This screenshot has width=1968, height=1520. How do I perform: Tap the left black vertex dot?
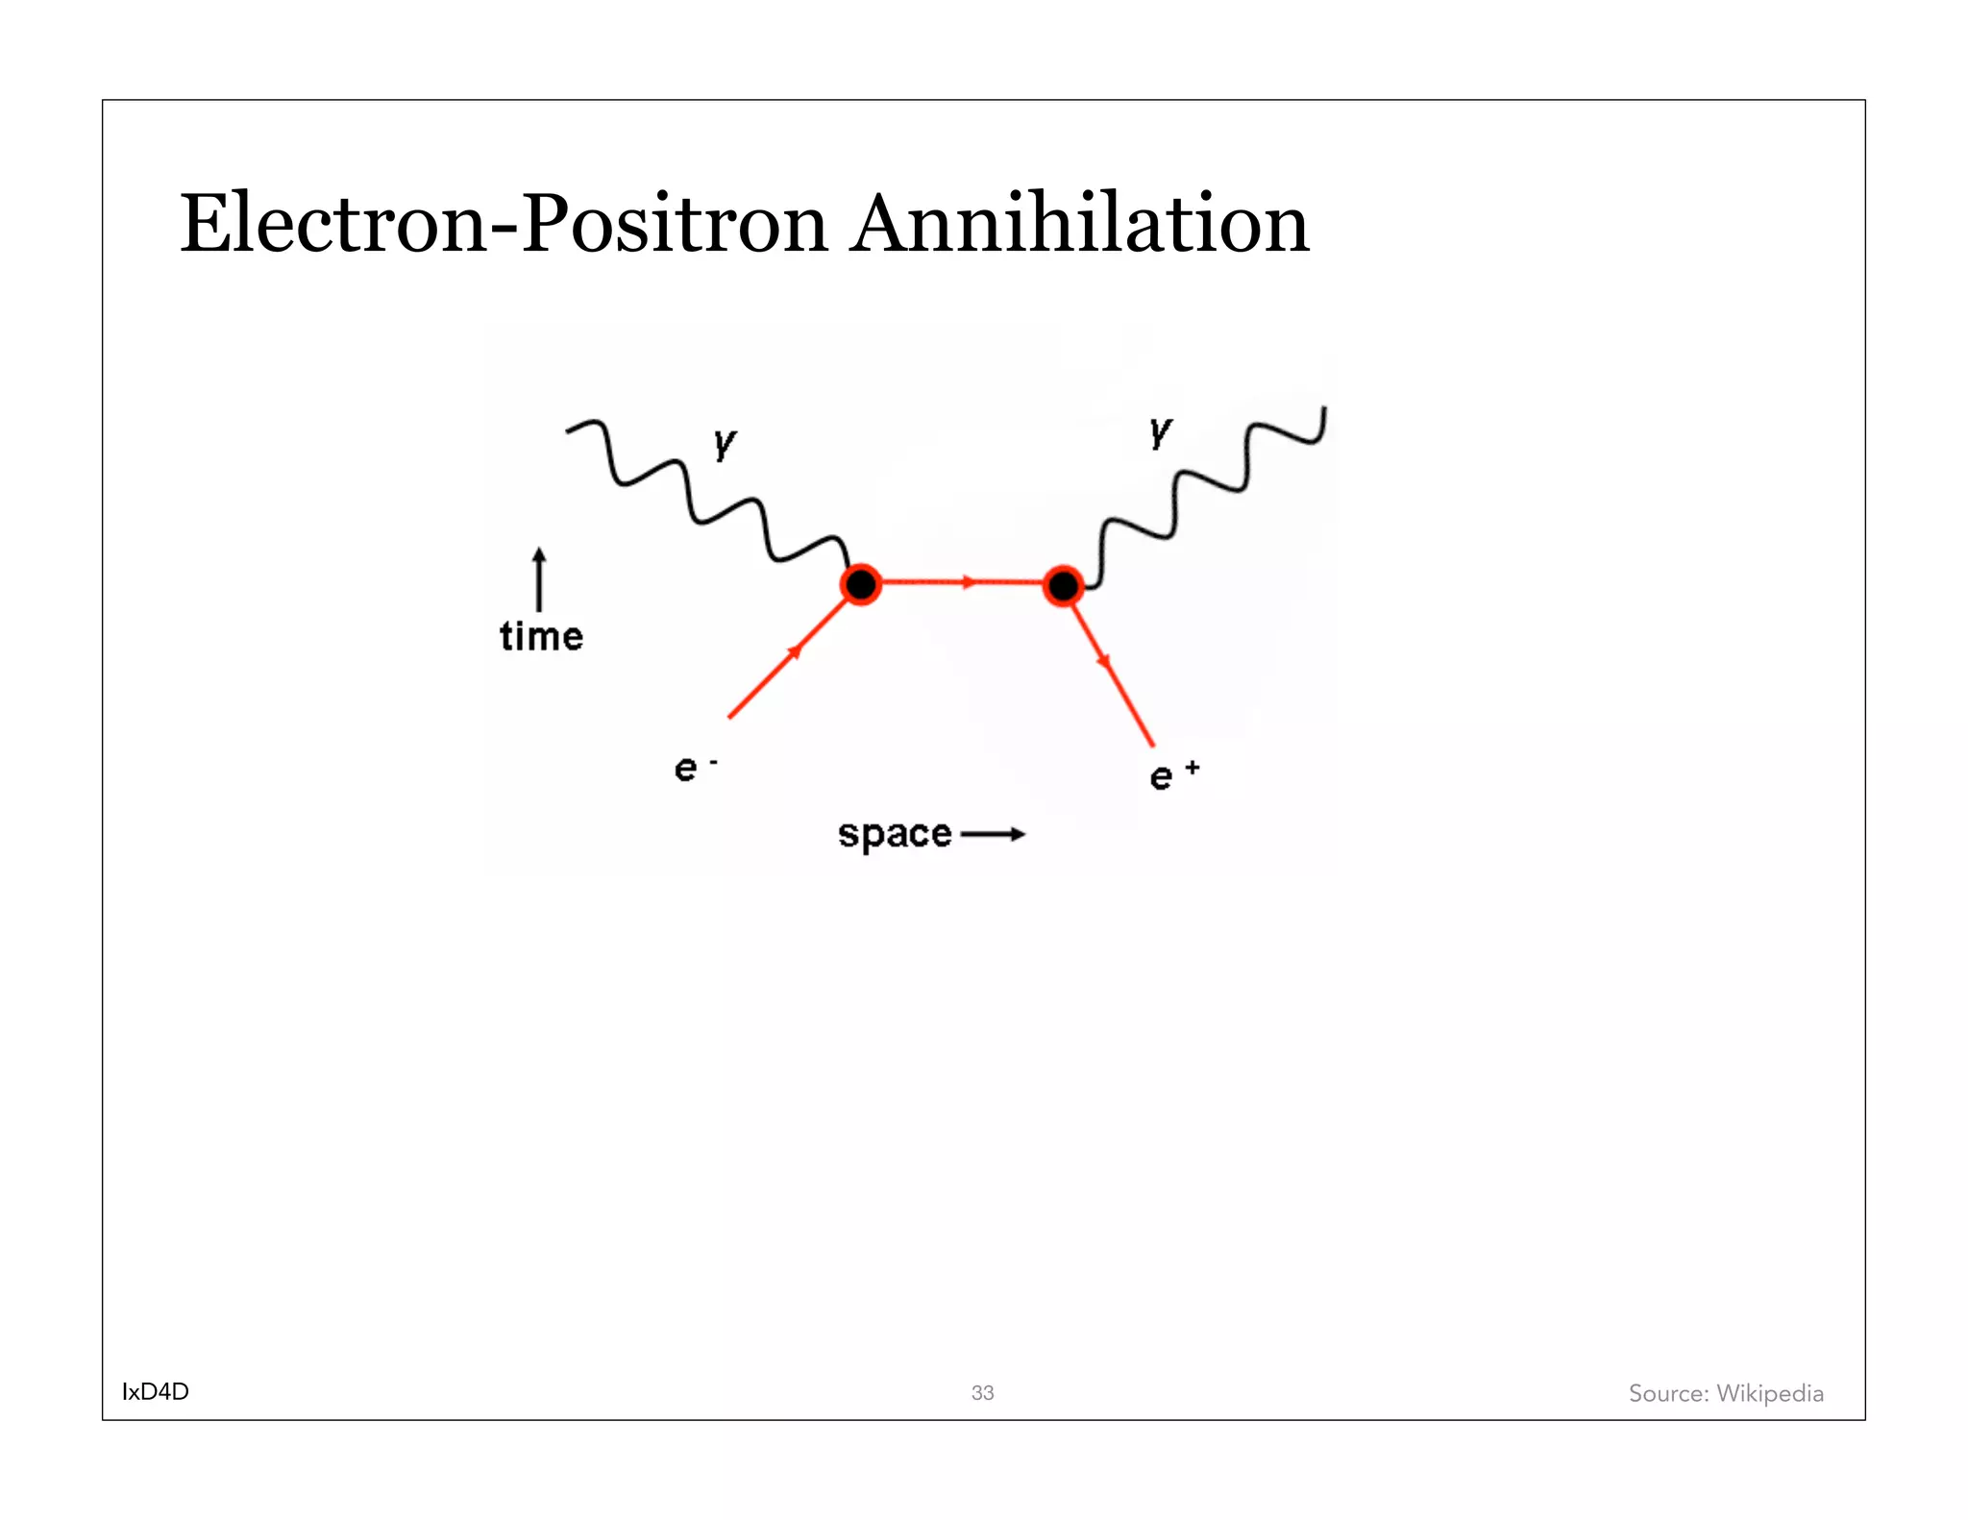860,584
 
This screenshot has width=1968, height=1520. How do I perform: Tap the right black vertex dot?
1063,585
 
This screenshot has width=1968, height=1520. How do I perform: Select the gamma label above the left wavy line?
725,443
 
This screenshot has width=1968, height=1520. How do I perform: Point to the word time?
541,636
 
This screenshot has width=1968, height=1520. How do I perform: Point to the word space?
895,834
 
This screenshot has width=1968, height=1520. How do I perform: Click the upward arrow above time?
539,578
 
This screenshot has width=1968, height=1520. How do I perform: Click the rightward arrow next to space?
993,834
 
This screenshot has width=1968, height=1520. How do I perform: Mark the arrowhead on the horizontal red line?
969,582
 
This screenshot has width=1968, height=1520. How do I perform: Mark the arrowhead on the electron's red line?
795,652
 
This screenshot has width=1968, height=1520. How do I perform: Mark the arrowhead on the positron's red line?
1105,662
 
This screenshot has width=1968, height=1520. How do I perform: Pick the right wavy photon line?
1211,480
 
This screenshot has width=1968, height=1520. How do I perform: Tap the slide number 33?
982,1392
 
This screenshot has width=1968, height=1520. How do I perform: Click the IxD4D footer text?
156,1391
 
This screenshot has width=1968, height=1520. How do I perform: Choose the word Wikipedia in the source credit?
1769,1393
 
